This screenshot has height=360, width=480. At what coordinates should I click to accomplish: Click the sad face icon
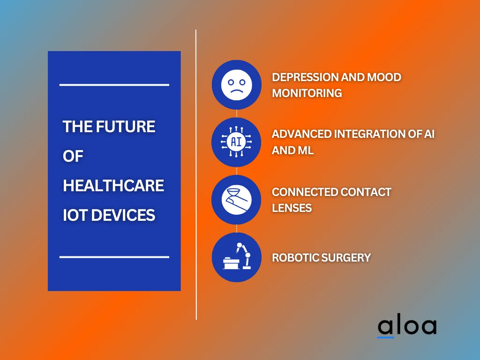(236, 85)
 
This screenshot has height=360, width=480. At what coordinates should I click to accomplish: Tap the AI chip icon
(236, 142)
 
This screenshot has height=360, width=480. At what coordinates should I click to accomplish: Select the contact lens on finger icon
(236, 200)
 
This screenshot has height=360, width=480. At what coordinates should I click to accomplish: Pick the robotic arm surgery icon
(236, 257)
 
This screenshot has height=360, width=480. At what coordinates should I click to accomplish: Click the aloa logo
(407, 326)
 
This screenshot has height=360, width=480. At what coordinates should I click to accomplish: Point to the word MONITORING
(307, 93)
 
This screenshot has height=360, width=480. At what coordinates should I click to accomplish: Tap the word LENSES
(292, 208)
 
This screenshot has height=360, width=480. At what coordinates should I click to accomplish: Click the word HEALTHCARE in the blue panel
(113, 186)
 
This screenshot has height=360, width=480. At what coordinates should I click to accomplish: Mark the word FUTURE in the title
(125, 127)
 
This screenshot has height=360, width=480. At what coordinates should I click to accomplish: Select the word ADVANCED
(301, 134)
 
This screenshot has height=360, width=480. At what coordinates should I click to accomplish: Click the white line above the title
(114, 85)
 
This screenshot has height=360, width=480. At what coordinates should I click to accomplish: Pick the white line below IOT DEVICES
(114, 257)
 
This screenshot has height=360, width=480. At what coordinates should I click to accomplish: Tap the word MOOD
(384, 77)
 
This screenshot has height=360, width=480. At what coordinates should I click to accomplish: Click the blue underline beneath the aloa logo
(386, 337)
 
